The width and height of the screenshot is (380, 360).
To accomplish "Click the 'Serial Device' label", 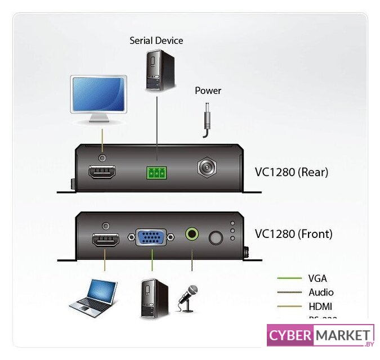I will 156,40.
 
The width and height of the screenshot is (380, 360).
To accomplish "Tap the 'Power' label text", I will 208,91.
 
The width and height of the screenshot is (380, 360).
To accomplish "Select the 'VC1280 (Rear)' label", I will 291,172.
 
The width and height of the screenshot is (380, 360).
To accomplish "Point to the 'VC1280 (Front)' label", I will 293,233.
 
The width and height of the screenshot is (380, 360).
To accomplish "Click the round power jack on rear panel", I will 207,168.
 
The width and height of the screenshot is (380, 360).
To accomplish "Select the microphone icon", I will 189,296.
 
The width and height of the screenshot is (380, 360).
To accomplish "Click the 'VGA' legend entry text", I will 317,278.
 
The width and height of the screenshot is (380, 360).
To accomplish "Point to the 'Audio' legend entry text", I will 321,292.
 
